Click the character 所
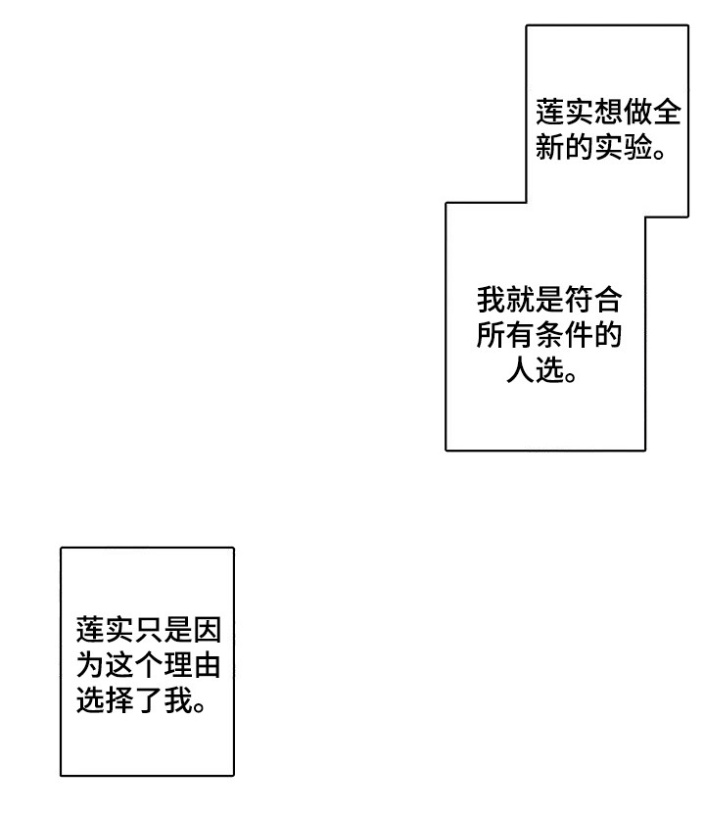coord(492,335)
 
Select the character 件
coord(579,335)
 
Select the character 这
coord(118,666)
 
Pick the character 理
coord(177,666)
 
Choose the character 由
coord(206,666)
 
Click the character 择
coord(118,702)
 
